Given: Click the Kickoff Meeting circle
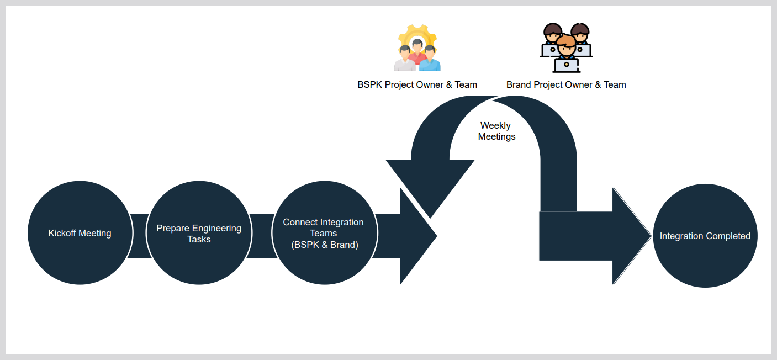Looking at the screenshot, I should [x=80, y=233].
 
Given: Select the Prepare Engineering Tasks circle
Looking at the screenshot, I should [x=199, y=234].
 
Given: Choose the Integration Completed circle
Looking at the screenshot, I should [x=705, y=236].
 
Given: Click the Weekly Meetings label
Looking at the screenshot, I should [x=496, y=131].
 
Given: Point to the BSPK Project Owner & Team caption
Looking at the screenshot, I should [x=417, y=84].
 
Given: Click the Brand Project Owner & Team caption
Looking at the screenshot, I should [x=566, y=84].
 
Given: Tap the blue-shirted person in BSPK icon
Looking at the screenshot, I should [x=430, y=60].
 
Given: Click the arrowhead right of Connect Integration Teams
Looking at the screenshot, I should [x=417, y=236].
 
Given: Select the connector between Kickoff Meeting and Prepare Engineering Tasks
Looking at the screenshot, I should [x=139, y=236].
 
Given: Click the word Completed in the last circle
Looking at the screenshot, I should [x=726, y=236].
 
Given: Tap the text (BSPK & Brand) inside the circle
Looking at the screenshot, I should [x=325, y=245].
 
